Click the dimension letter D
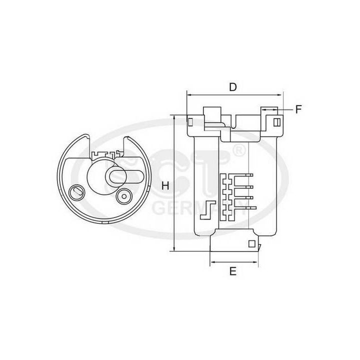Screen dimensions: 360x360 pyautogui.click(x=232, y=86)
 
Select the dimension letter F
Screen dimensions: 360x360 pyautogui.click(x=298, y=109)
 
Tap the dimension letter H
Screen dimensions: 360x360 pyautogui.click(x=165, y=185)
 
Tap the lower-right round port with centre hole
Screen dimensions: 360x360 pyautogui.click(x=123, y=196)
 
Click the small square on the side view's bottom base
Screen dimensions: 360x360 pyautogui.click(x=252, y=244)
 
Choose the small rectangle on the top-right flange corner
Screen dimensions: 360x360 pyautogui.click(x=277, y=121)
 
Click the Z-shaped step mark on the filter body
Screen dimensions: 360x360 pyautogui.click(x=205, y=210)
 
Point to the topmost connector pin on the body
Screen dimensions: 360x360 pyautogui.click(x=245, y=174)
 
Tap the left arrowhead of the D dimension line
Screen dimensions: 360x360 pyautogui.click(x=189, y=94)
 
